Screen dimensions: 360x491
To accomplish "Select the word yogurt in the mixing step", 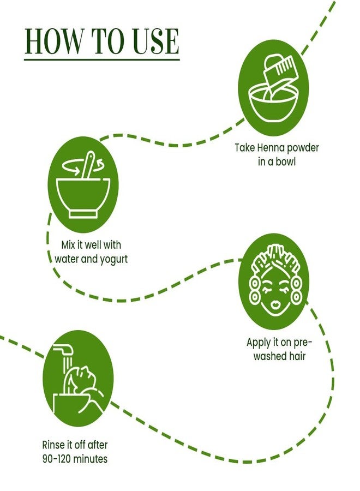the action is pos(113,260).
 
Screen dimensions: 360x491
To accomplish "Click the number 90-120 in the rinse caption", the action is pos(58,459).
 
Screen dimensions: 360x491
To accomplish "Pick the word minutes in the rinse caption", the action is pos(92,459).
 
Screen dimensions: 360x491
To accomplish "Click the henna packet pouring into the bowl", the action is pos(278,74).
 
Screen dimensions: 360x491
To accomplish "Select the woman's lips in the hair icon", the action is pos(275,304).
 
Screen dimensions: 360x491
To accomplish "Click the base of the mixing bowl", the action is pos(83,214).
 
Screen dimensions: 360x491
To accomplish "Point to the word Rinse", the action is pos(53,445).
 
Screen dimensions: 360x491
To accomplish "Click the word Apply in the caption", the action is pos(258,343).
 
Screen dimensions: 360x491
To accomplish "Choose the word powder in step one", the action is pos(303,148).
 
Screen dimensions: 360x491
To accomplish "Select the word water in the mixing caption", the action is pos(67,260).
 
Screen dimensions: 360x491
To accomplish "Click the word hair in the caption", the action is pos(297,356).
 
